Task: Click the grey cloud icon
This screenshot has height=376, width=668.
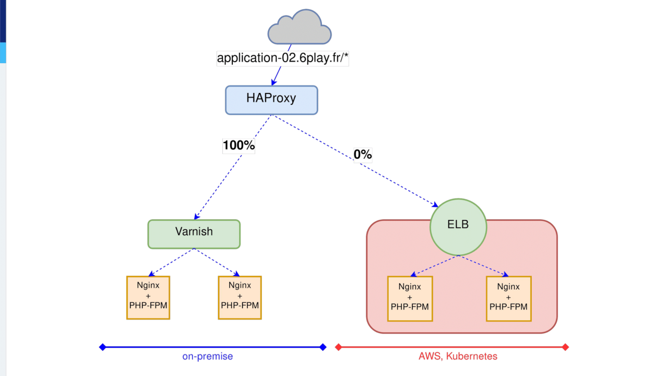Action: [x=300, y=28]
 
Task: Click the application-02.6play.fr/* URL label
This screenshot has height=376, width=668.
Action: [x=282, y=58]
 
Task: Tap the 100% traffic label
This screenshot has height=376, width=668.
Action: [x=238, y=146]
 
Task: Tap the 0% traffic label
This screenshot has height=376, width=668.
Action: [x=363, y=155]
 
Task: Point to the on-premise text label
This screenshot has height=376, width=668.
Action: [x=208, y=357]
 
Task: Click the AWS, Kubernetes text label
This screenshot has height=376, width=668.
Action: [x=458, y=357]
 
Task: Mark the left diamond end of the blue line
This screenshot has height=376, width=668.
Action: [x=102, y=347]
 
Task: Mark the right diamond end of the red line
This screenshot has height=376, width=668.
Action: [x=565, y=347]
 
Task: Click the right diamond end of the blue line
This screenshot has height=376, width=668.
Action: [x=323, y=347]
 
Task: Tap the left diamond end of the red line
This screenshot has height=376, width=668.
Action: [x=338, y=347]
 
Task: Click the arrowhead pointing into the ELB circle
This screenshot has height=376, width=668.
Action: [x=435, y=204]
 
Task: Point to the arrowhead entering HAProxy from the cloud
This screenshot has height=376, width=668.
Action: [x=273, y=82]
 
